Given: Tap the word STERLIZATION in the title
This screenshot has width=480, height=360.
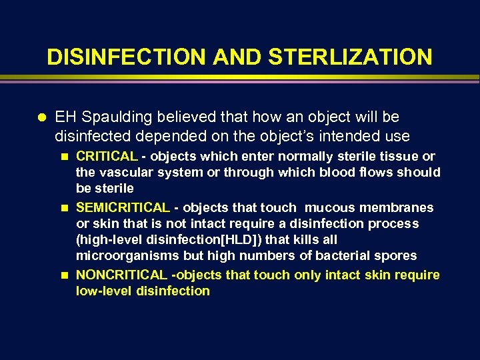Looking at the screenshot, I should [x=351, y=57].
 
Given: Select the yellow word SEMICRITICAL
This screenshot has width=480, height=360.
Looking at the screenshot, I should [x=123, y=208].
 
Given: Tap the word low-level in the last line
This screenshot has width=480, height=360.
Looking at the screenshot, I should [x=105, y=291].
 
